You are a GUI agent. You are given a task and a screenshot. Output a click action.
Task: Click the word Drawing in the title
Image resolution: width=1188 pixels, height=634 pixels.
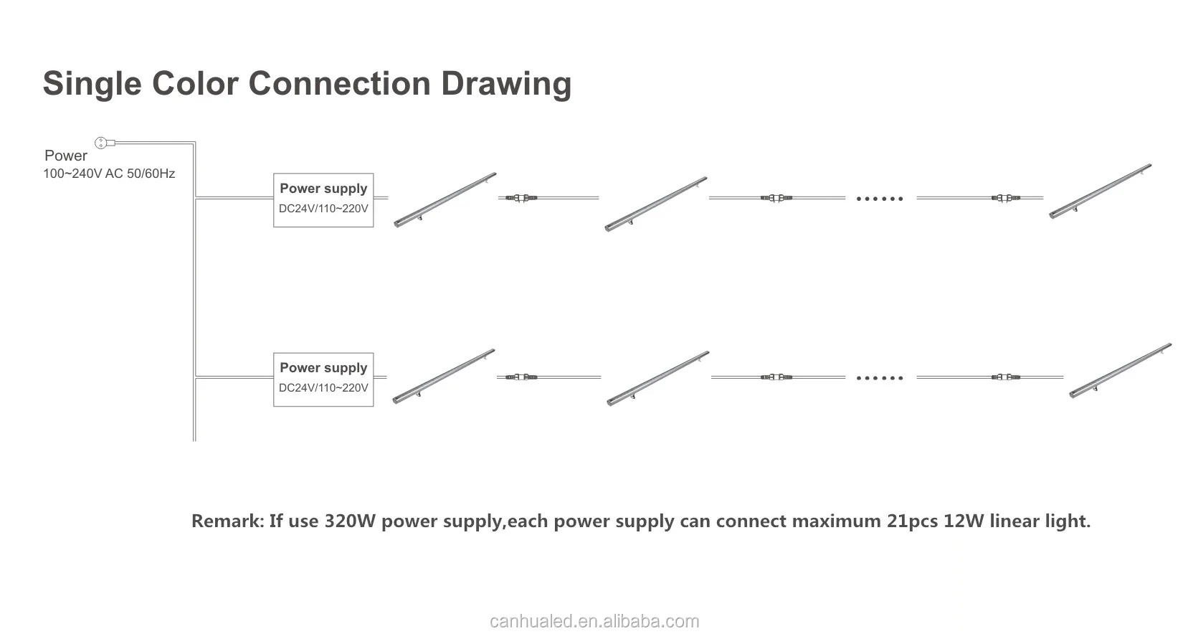505,84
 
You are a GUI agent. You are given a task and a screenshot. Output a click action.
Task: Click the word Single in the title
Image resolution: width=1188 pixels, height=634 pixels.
90,84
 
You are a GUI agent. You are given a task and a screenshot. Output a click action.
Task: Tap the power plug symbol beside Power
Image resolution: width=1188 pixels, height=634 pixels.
101,143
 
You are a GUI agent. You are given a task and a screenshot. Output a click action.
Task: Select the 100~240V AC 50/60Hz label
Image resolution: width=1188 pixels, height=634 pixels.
109,174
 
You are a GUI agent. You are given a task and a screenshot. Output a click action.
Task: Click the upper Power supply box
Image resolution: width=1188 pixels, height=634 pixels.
323,200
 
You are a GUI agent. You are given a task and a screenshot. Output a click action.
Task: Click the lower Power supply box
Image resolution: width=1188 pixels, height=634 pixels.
323,379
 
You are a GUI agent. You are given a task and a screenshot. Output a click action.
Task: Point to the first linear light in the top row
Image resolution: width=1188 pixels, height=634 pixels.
445,200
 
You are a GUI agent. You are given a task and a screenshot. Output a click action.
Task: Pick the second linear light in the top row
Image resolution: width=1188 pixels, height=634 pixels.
655,204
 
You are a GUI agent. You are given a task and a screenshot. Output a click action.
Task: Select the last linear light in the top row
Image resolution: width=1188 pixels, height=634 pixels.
1100,191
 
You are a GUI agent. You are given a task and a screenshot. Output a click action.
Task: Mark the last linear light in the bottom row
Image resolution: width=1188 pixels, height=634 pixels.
1120,370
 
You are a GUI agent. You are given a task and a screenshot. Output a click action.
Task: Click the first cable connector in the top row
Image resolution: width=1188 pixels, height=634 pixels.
521,197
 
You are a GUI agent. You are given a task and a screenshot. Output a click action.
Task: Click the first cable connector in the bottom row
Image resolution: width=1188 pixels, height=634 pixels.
521,377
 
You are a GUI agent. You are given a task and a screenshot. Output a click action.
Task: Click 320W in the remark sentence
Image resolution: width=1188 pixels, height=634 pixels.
350,521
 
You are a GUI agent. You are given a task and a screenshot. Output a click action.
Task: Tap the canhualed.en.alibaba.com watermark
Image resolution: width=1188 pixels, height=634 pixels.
594,621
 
